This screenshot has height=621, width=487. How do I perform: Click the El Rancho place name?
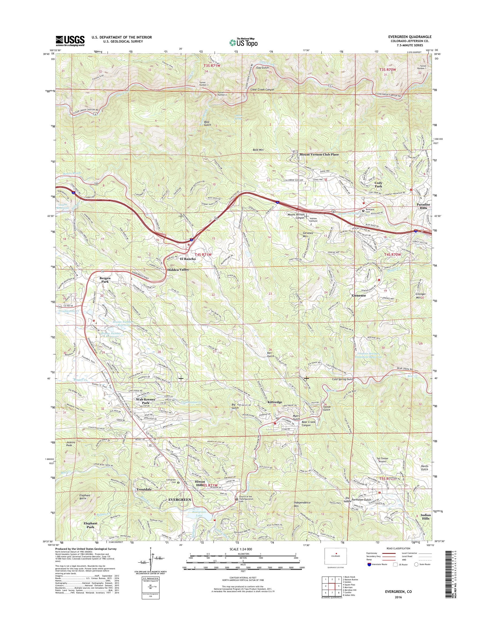(188, 259)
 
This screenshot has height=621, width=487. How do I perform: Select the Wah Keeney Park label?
(145, 401)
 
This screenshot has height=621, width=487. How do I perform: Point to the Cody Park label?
(378, 184)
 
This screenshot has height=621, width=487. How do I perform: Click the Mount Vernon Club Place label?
(319, 154)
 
